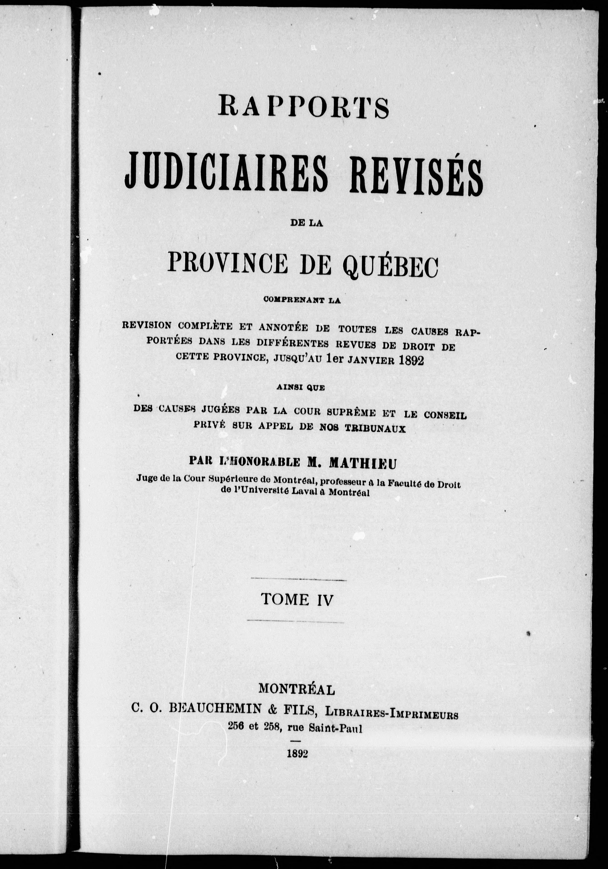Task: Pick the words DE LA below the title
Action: (x=306, y=224)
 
